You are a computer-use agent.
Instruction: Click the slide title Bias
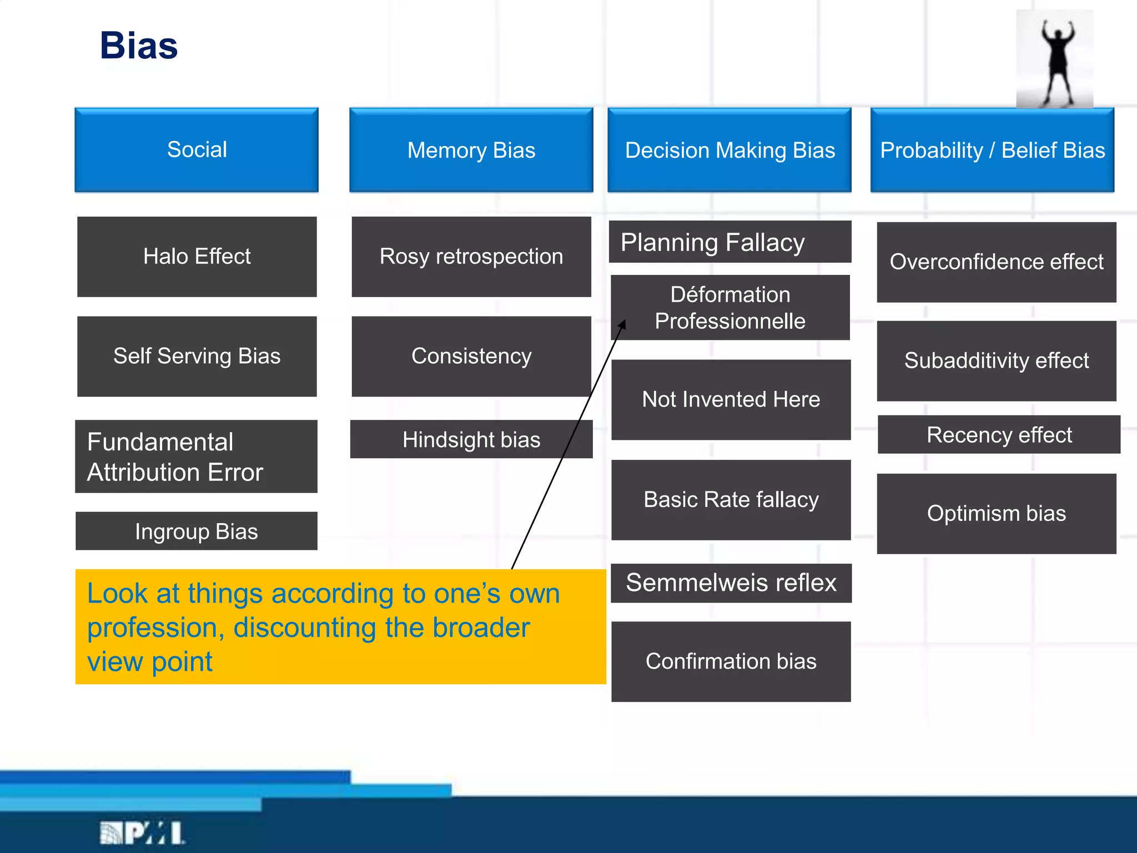(x=139, y=46)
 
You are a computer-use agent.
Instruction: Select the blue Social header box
(x=197, y=150)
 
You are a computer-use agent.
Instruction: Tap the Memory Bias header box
(x=471, y=150)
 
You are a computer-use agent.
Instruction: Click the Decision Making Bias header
(x=730, y=150)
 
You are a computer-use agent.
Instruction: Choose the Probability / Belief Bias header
(x=992, y=150)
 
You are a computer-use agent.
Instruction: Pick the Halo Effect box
(x=197, y=257)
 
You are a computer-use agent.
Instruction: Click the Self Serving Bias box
(x=197, y=356)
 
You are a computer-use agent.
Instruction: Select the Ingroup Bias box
(x=197, y=531)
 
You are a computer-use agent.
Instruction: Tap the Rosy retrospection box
(x=471, y=257)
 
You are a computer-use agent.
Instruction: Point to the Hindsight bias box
(x=471, y=439)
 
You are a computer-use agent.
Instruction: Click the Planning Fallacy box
(x=730, y=242)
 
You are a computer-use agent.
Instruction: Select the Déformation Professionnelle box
(x=730, y=307)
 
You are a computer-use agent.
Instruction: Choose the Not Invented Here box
(x=731, y=399)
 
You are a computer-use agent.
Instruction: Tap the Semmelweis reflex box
(x=731, y=583)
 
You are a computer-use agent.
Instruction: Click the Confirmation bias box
(x=731, y=661)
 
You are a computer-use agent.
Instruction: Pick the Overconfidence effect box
(x=996, y=262)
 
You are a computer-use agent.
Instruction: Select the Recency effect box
(x=998, y=434)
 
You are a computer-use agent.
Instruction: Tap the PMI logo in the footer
(x=142, y=833)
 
